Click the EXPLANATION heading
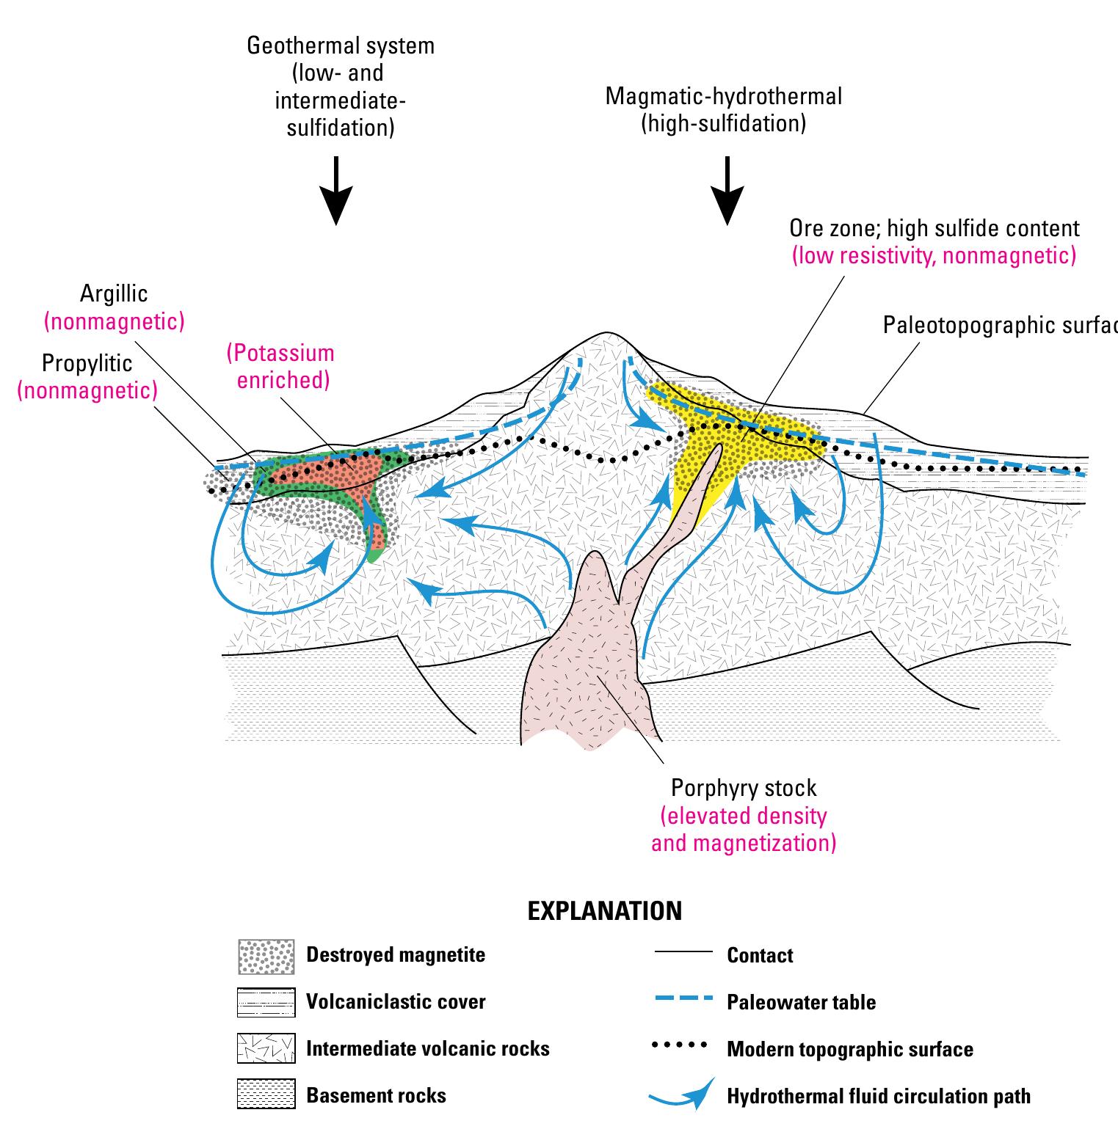point(605,911)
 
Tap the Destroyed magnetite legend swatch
point(266,956)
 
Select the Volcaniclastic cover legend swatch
point(266,1002)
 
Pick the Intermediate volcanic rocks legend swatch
point(266,1049)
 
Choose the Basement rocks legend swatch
point(266,1095)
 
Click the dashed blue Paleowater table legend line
point(683,1000)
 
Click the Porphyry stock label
point(744,789)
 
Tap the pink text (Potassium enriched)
point(280,367)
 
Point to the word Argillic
point(114,294)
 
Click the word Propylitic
point(87,364)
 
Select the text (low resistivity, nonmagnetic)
point(934,255)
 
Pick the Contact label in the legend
point(760,955)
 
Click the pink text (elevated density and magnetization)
point(744,830)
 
